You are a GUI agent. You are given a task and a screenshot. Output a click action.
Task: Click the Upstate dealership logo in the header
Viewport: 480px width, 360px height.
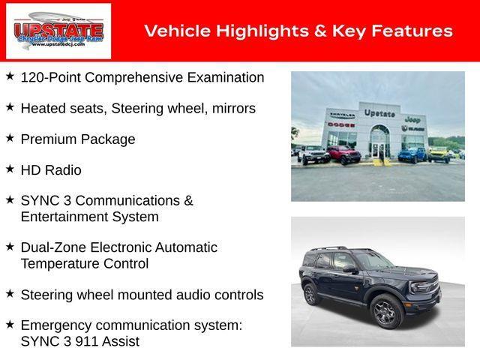(x=58, y=31)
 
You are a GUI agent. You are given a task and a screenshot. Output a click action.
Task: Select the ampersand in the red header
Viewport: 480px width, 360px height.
(x=313, y=31)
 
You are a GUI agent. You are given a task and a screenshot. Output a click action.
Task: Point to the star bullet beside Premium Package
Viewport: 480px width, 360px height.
(x=10, y=138)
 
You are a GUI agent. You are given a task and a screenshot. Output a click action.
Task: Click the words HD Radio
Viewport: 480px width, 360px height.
(x=51, y=170)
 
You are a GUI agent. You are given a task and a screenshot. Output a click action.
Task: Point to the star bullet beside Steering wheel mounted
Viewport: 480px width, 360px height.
(x=10, y=294)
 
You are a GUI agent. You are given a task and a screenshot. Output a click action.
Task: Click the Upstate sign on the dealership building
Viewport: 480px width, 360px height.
(x=379, y=113)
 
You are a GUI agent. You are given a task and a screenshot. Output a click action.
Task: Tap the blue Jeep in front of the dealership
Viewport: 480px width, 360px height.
(x=412, y=154)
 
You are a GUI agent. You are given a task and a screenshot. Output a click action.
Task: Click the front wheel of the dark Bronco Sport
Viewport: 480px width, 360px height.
(x=385, y=311)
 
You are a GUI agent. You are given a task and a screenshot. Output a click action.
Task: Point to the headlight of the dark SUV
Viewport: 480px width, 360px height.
(x=424, y=286)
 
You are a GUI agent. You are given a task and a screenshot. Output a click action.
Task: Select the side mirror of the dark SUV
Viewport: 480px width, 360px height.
(x=350, y=268)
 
